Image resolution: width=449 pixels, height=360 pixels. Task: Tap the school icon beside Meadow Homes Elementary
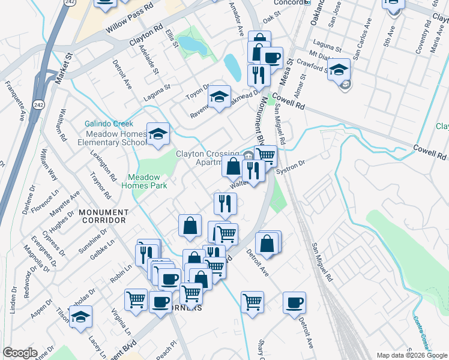[x=158, y=135]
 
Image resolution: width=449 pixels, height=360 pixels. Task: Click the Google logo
[x=20, y=353]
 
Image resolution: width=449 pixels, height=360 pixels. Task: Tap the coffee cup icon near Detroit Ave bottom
[x=294, y=302]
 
